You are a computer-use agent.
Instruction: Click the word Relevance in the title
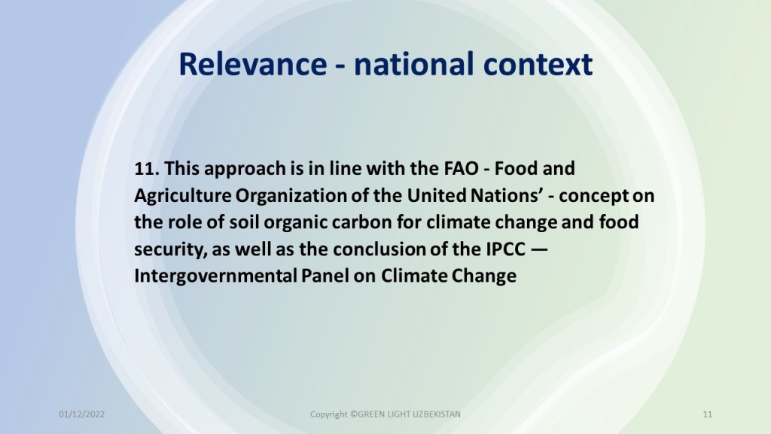click(x=253, y=64)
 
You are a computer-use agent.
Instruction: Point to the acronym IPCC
click(x=505, y=249)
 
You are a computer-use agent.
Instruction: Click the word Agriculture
click(x=183, y=196)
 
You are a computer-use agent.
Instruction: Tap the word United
click(x=437, y=195)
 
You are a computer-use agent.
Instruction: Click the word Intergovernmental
click(x=215, y=276)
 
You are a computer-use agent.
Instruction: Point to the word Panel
click(x=325, y=276)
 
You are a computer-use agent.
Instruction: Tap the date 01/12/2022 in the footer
click(x=81, y=414)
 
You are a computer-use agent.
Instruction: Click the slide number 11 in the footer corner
click(x=707, y=414)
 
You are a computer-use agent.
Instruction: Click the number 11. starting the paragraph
click(x=147, y=169)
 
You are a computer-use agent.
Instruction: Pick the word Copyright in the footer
click(x=328, y=415)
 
